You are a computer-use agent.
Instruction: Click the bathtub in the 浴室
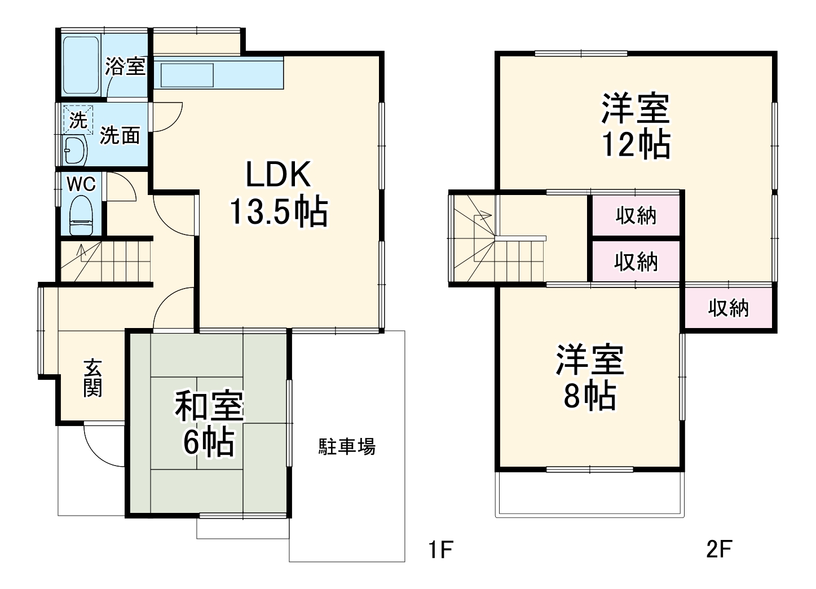[x=81, y=65]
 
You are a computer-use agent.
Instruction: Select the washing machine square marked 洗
[x=78, y=119]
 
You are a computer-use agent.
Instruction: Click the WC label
[x=81, y=184]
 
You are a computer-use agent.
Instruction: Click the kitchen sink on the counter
[x=188, y=75]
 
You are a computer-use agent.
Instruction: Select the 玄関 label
[x=92, y=378]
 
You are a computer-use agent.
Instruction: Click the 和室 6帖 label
[x=209, y=424]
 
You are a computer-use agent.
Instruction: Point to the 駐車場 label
[x=347, y=447]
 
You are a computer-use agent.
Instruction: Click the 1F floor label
[x=440, y=550]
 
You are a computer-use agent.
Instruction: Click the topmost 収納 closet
[x=636, y=215]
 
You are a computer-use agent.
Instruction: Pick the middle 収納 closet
[x=636, y=262]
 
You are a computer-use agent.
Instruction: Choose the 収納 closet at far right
[x=729, y=308]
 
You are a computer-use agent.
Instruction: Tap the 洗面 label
[x=120, y=135]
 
